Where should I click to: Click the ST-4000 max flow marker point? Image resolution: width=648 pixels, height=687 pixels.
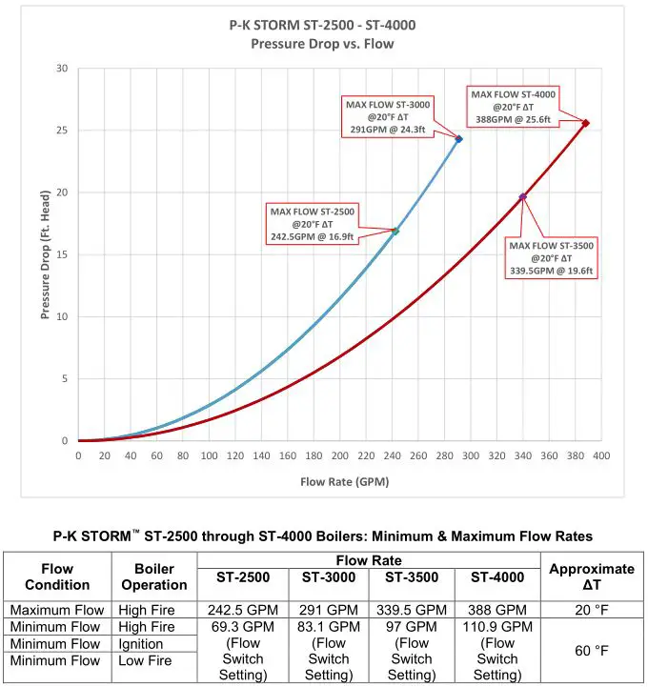pos(585,123)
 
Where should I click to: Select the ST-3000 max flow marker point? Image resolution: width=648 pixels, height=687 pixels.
pos(458,139)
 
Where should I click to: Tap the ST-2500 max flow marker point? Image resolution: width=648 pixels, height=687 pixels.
pos(395,231)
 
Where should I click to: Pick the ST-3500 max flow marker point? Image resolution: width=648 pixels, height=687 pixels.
pos(522,197)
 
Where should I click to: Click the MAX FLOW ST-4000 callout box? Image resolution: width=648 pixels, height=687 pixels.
pos(513,107)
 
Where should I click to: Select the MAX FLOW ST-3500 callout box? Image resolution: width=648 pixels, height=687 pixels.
pos(551,258)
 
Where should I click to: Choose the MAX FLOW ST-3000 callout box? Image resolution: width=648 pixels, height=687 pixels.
pos(387,117)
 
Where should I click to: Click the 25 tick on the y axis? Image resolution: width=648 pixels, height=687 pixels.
pos(62,131)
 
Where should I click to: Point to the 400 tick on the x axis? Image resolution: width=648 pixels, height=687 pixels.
pos(600,456)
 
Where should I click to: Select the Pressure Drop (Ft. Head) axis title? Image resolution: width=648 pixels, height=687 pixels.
pos(45,255)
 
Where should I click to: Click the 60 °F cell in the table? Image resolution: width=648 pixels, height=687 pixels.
pos(592,651)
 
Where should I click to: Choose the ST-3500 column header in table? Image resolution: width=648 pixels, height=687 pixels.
pos(412,577)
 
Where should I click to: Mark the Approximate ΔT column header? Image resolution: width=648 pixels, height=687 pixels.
pos(592,576)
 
